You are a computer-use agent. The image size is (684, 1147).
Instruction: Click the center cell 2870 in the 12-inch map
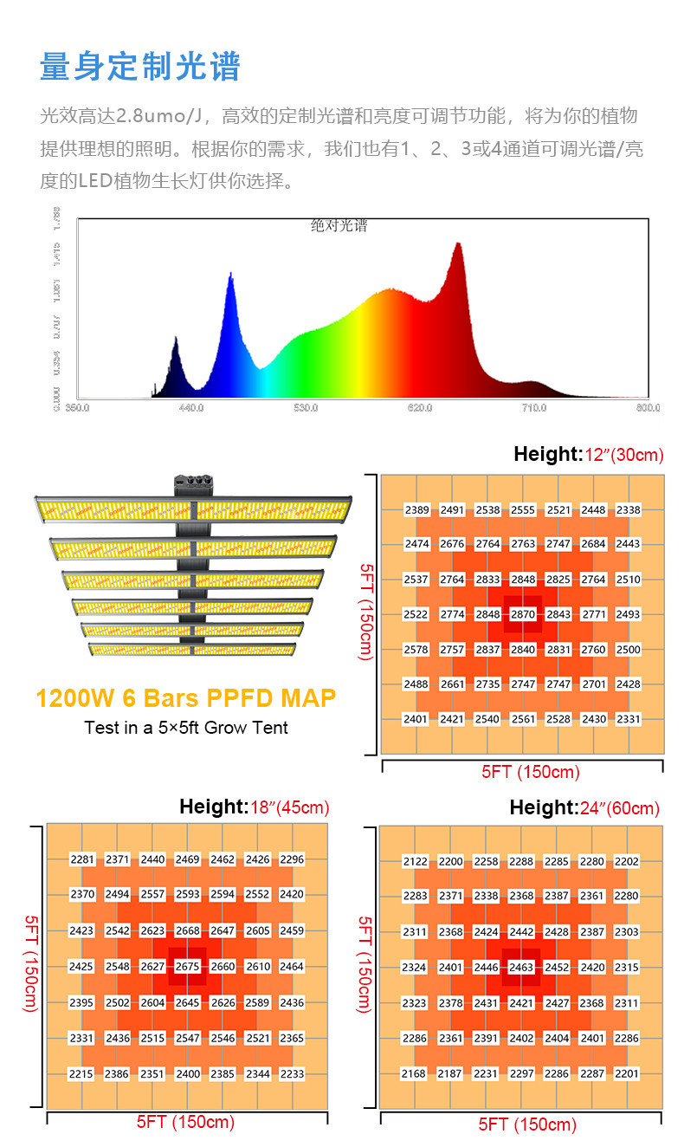[x=523, y=614]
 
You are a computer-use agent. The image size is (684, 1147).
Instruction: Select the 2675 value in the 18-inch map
[x=188, y=967]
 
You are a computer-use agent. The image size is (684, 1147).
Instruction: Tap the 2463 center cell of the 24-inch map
[x=521, y=967]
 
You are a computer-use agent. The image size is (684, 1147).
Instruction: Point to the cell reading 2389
[x=417, y=510]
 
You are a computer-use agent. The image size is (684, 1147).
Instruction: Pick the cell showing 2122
[x=415, y=861]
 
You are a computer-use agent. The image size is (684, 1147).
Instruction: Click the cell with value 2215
[x=82, y=1073]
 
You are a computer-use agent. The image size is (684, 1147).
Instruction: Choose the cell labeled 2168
[x=415, y=1073]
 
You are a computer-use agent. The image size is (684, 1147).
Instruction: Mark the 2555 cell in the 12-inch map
[x=523, y=510]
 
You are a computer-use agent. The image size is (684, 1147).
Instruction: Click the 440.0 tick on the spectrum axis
[x=190, y=407]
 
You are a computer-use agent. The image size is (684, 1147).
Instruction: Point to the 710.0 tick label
[x=533, y=407]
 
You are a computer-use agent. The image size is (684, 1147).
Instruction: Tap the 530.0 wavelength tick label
[x=305, y=407]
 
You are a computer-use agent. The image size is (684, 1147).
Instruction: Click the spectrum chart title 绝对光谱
[x=339, y=226]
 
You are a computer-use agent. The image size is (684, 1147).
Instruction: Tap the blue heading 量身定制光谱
[x=140, y=67]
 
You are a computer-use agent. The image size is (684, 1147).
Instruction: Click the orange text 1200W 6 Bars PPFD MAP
[x=185, y=698]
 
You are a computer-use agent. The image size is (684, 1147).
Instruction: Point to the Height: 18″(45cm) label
[x=254, y=807]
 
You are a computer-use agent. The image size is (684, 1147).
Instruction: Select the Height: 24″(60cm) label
[x=584, y=808]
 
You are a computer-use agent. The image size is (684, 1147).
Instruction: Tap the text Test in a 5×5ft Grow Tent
[x=186, y=728]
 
